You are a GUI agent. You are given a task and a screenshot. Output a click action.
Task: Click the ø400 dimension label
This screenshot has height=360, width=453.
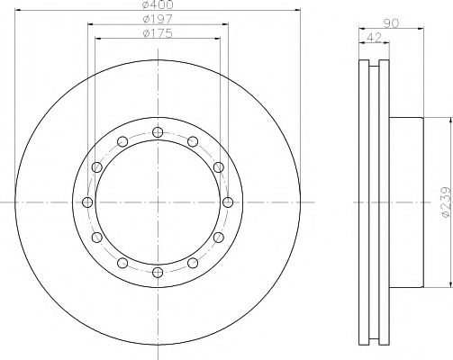pyautogui.click(x=158, y=4)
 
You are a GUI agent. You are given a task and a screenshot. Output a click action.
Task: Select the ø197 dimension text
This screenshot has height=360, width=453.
pyautogui.click(x=158, y=19)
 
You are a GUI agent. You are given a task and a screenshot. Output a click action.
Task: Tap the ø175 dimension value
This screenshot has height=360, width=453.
pyautogui.click(x=158, y=33)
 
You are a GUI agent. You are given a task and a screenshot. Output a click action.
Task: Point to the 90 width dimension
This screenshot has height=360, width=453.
pyautogui.click(x=391, y=23)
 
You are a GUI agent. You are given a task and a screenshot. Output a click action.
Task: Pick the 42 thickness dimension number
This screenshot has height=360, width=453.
pyautogui.click(x=374, y=38)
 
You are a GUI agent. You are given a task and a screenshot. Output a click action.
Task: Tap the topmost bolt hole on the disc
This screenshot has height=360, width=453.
pyautogui.click(x=158, y=132)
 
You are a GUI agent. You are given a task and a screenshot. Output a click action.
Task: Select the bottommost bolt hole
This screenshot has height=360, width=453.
pyautogui.click(x=158, y=273)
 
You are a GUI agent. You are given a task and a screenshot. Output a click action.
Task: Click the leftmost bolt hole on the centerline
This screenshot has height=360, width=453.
pyautogui.click(x=87, y=202)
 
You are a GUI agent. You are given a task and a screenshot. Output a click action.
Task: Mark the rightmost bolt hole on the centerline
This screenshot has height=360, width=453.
pyautogui.click(x=228, y=202)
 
